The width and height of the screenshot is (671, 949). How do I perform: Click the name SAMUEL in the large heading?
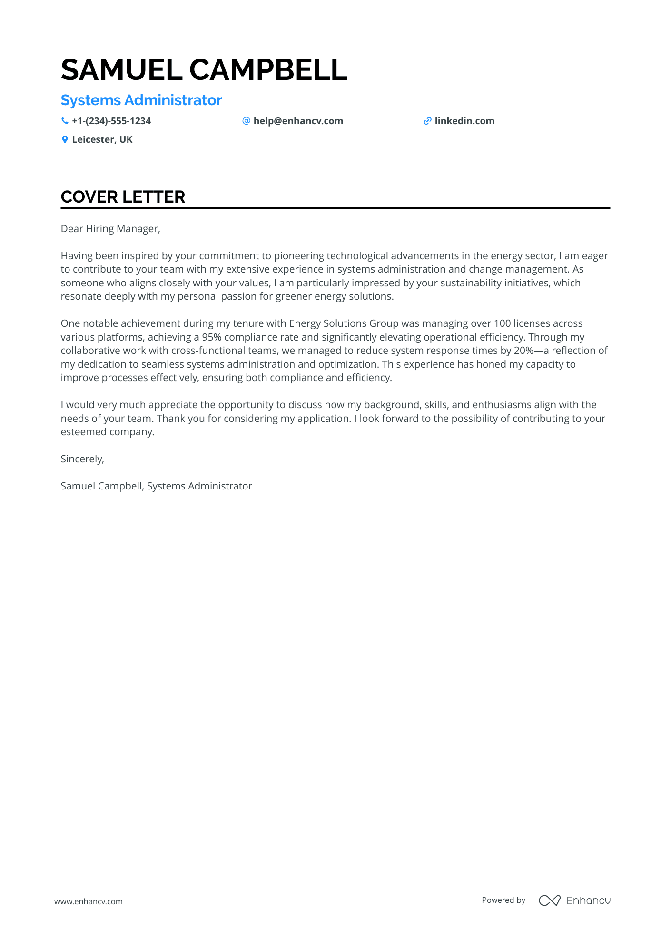121,70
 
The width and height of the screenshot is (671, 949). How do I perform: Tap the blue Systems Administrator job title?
141,100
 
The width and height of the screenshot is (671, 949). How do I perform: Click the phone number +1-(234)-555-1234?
111,121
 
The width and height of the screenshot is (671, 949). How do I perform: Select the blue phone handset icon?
65,121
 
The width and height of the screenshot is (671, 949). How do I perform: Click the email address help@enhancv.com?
298,121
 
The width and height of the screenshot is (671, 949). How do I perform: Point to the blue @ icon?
246,121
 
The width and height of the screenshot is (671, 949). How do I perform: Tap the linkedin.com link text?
464,121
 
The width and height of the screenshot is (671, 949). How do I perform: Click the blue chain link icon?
427,121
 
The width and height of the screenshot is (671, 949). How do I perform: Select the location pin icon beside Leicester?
65,140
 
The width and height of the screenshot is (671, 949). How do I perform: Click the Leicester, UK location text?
102,140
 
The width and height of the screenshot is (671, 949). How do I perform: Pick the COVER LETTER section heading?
123,197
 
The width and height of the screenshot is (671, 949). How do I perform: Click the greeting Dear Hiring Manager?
110,229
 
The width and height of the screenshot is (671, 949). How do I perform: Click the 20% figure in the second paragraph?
523,351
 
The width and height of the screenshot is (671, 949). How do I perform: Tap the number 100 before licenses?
502,323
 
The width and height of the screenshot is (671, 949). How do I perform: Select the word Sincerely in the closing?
82,459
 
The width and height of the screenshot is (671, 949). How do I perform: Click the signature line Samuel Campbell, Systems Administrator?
156,486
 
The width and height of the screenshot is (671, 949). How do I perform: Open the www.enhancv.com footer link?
89,901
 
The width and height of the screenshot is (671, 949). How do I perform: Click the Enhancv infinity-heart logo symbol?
549,900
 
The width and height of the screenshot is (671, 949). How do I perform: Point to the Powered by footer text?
503,900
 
